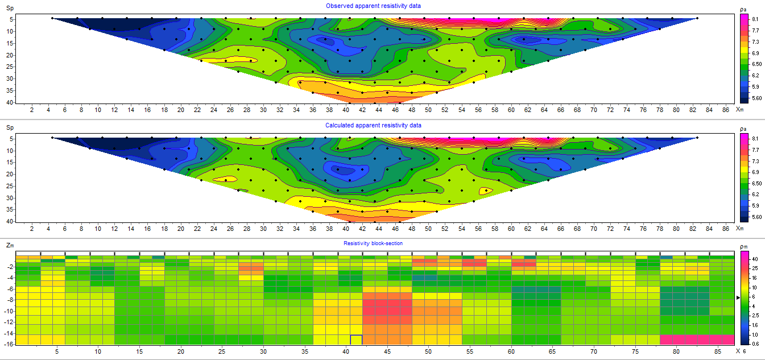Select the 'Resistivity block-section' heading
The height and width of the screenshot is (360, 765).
click(x=373, y=243)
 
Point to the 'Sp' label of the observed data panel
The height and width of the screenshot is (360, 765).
click(x=9, y=9)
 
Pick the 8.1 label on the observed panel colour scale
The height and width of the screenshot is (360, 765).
click(x=755, y=19)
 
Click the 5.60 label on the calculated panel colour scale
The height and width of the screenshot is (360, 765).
click(x=756, y=217)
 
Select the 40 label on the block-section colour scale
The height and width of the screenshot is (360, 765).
click(x=755, y=258)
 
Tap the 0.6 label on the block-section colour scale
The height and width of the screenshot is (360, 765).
click(x=755, y=344)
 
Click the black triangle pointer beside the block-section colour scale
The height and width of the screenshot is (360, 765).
click(x=738, y=297)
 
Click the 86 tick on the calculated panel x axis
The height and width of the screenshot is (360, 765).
click(x=725, y=228)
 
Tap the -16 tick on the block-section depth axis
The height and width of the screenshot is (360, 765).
click(x=10, y=345)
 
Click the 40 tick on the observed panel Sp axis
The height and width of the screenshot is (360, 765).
click(x=10, y=102)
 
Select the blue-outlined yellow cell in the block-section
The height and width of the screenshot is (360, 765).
click(x=356, y=340)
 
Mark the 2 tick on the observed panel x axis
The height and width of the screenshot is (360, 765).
click(x=32, y=109)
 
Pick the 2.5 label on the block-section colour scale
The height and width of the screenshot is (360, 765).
click(x=755, y=314)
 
